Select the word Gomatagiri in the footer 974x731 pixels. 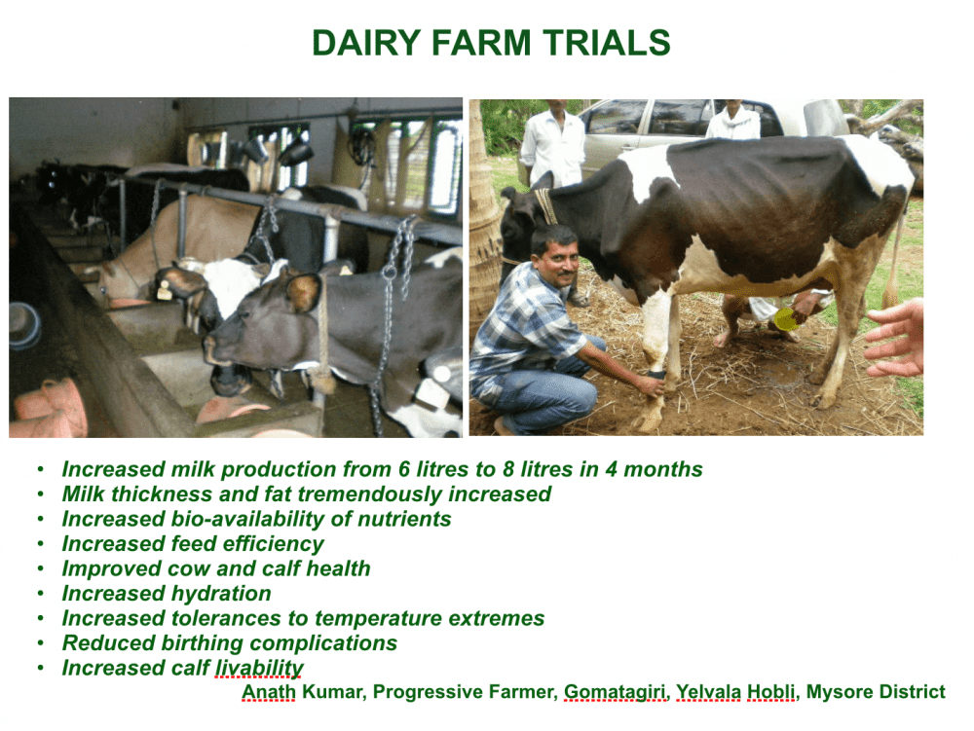[x=616, y=692]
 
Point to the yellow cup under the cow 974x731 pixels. [x=785, y=317]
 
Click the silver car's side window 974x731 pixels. [x=616, y=119]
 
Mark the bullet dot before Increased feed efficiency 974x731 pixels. [x=40, y=544]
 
